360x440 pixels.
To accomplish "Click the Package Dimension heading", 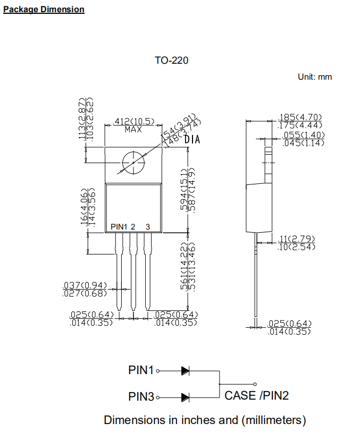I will (44, 9).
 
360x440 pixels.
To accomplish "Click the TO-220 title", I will (171, 60).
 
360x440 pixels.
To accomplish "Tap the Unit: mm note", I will (315, 77).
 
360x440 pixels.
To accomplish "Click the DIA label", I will (192, 140).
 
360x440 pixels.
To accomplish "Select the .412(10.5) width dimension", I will (135, 122).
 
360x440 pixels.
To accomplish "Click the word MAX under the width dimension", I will (133, 129).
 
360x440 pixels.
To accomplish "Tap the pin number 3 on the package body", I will (148, 227).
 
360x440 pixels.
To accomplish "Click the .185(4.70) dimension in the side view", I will (300, 117).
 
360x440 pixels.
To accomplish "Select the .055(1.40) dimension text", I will (303, 136).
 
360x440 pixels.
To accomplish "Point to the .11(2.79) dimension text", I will (297, 239).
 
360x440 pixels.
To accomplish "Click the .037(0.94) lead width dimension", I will (85, 285).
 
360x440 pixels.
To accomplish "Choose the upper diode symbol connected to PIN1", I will (186, 371).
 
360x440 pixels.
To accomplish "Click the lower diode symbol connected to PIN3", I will (186, 397).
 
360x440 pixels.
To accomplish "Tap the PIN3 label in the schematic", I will (141, 397).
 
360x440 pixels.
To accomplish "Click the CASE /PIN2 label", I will (257, 395).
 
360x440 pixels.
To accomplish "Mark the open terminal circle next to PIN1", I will (158, 371).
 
